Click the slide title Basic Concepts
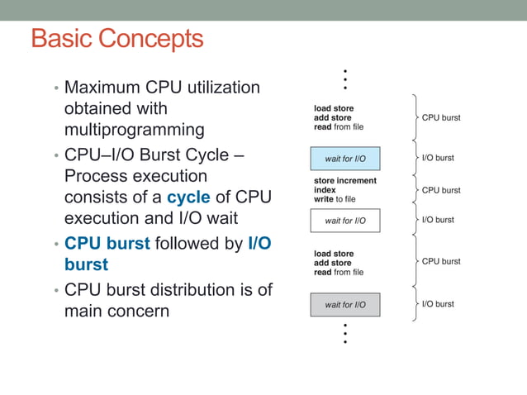(116, 39)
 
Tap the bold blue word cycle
(188, 197)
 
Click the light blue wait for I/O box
(344, 158)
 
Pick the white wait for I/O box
(344, 221)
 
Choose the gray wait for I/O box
(344, 305)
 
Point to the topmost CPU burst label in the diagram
(441, 118)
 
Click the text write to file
(335, 199)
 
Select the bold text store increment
(344, 181)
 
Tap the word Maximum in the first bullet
(106, 87)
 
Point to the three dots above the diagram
(344, 79)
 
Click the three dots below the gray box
(344, 334)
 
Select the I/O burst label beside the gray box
(438, 304)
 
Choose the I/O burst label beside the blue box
(438, 157)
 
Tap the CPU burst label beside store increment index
(441, 190)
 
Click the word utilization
(219, 87)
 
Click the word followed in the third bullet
(198, 244)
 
